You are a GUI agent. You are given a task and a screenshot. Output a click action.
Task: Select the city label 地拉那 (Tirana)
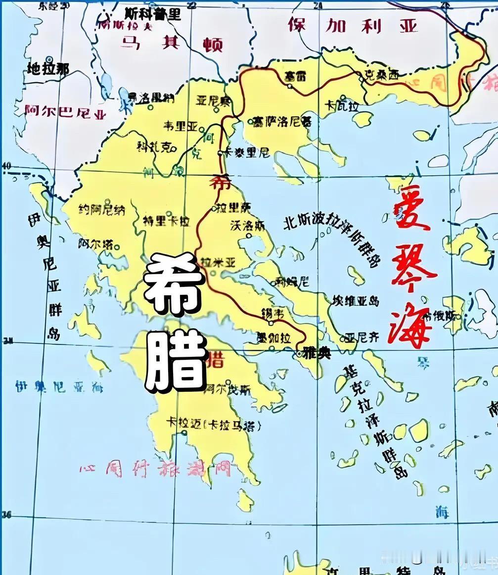(48, 69)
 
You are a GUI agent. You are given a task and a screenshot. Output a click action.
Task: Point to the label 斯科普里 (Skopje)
(153, 13)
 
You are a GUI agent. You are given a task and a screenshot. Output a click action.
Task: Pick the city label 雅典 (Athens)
(313, 354)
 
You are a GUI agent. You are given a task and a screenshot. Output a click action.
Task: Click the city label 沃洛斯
(248, 226)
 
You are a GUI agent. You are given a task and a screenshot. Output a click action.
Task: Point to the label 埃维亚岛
(356, 301)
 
